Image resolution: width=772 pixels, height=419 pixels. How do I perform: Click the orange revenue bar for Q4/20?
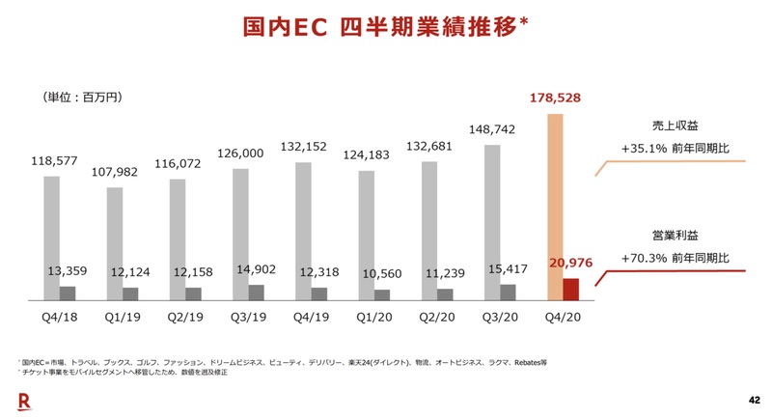pyautogui.click(x=556, y=193)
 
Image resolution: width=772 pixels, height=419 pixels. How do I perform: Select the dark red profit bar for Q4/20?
pyautogui.click(x=570, y=290)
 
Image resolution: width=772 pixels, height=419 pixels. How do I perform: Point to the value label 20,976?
pyautogui.click(x=568, y=263)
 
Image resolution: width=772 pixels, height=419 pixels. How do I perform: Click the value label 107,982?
pyautogui.click(x=114, y=172)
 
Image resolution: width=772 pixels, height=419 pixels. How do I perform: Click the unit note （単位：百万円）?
pyautogui.click(x=83, y=98)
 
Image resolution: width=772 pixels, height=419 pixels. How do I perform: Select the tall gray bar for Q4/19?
pyautogui.click(x=303, y=232)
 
